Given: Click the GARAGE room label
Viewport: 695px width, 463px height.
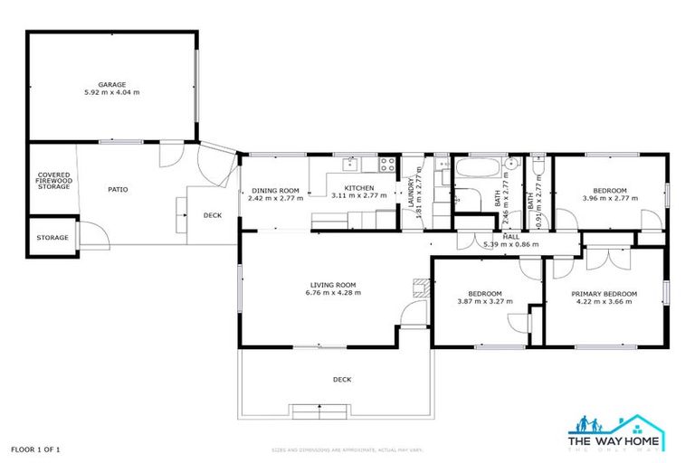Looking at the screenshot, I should pos(112,84).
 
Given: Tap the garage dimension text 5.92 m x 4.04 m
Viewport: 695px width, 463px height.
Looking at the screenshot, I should pos(112,92).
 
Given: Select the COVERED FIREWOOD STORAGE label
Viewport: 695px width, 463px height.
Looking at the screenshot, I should pos(53,181).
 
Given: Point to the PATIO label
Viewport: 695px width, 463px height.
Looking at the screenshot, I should pos(118,190).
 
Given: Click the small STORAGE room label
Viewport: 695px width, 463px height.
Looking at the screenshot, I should pos(52,238).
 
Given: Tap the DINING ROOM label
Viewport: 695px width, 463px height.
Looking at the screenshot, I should pos(275,190).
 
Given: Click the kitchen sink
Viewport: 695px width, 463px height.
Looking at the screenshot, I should pos(350,165).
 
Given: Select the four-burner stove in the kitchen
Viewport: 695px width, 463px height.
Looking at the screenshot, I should pos(386,165).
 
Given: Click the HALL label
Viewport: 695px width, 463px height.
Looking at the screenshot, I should pos(511,237).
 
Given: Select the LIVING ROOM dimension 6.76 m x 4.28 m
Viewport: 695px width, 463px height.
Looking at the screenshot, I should pos(333,292).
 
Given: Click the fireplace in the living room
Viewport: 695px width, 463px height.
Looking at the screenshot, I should pos(419,288).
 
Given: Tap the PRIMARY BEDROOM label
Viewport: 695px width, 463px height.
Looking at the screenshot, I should pos(604,294).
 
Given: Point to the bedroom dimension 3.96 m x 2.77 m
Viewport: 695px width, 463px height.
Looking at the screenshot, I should pos(605,198).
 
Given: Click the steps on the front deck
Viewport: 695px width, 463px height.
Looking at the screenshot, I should pos(317,409).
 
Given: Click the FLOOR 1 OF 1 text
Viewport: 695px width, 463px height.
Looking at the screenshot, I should pos(35,449).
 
